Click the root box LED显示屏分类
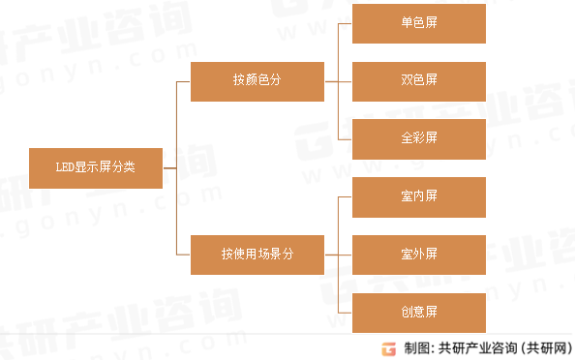pyautogui.click(x=96, y=167)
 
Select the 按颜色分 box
pyautogui.click(x=257, y=80)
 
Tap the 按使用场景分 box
pyautogui.click(x=257, y=255)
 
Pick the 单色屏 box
pyautogui.click(x=418, y=22)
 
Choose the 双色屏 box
pyautogui.click(x=418, y=80)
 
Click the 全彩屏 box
pyautogui.click(x=418, y=137)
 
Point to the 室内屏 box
pyautogui.click(x=418, y=196)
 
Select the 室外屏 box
pyautogui.click(x=418, y=255)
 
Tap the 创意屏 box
pyautogui.click(x=418, y=313)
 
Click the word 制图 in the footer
pyautogui.click(x=416, y=348)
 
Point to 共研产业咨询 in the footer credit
pyautogui.click(x=478, y=348)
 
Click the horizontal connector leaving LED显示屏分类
pyautogui.click(x=169, y=167)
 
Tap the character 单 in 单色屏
pyautogui.click(x=406, y=22)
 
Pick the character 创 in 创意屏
pyautogui.click(x=406, y=313)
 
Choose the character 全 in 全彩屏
pyautogui.click(x=406, y=137)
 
